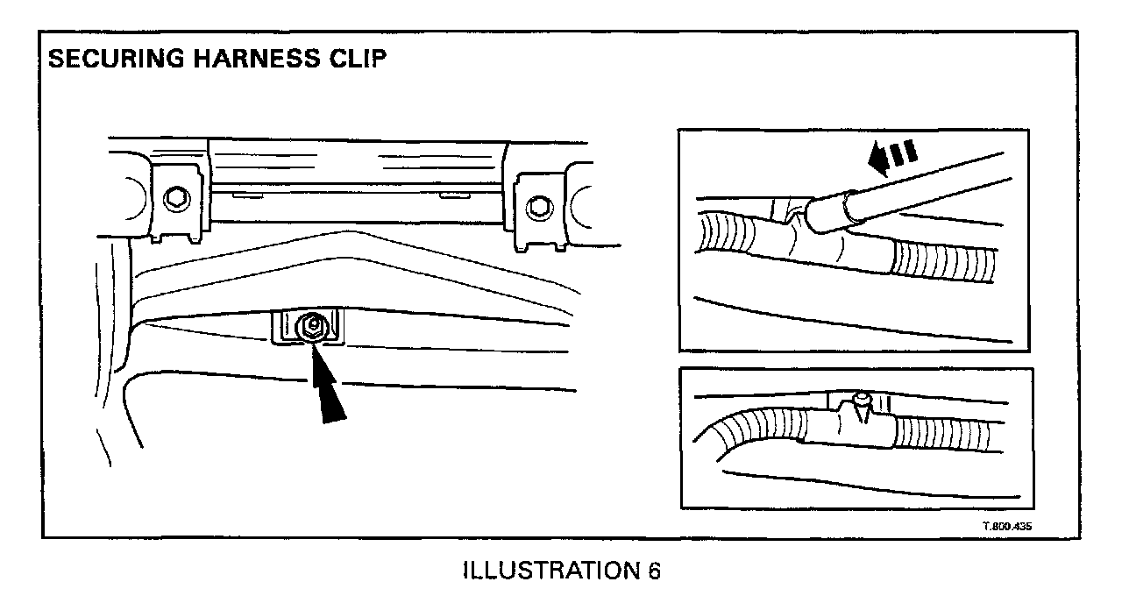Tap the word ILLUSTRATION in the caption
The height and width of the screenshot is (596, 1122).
(x=548, y=571)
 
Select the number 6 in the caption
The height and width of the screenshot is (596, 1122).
(x=654, y=571)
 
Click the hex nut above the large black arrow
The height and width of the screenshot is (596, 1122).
(x=311, y=328)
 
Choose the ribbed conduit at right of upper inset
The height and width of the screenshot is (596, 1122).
(x=942, y=260)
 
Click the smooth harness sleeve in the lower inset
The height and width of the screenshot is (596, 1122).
(x=841, y=428)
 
